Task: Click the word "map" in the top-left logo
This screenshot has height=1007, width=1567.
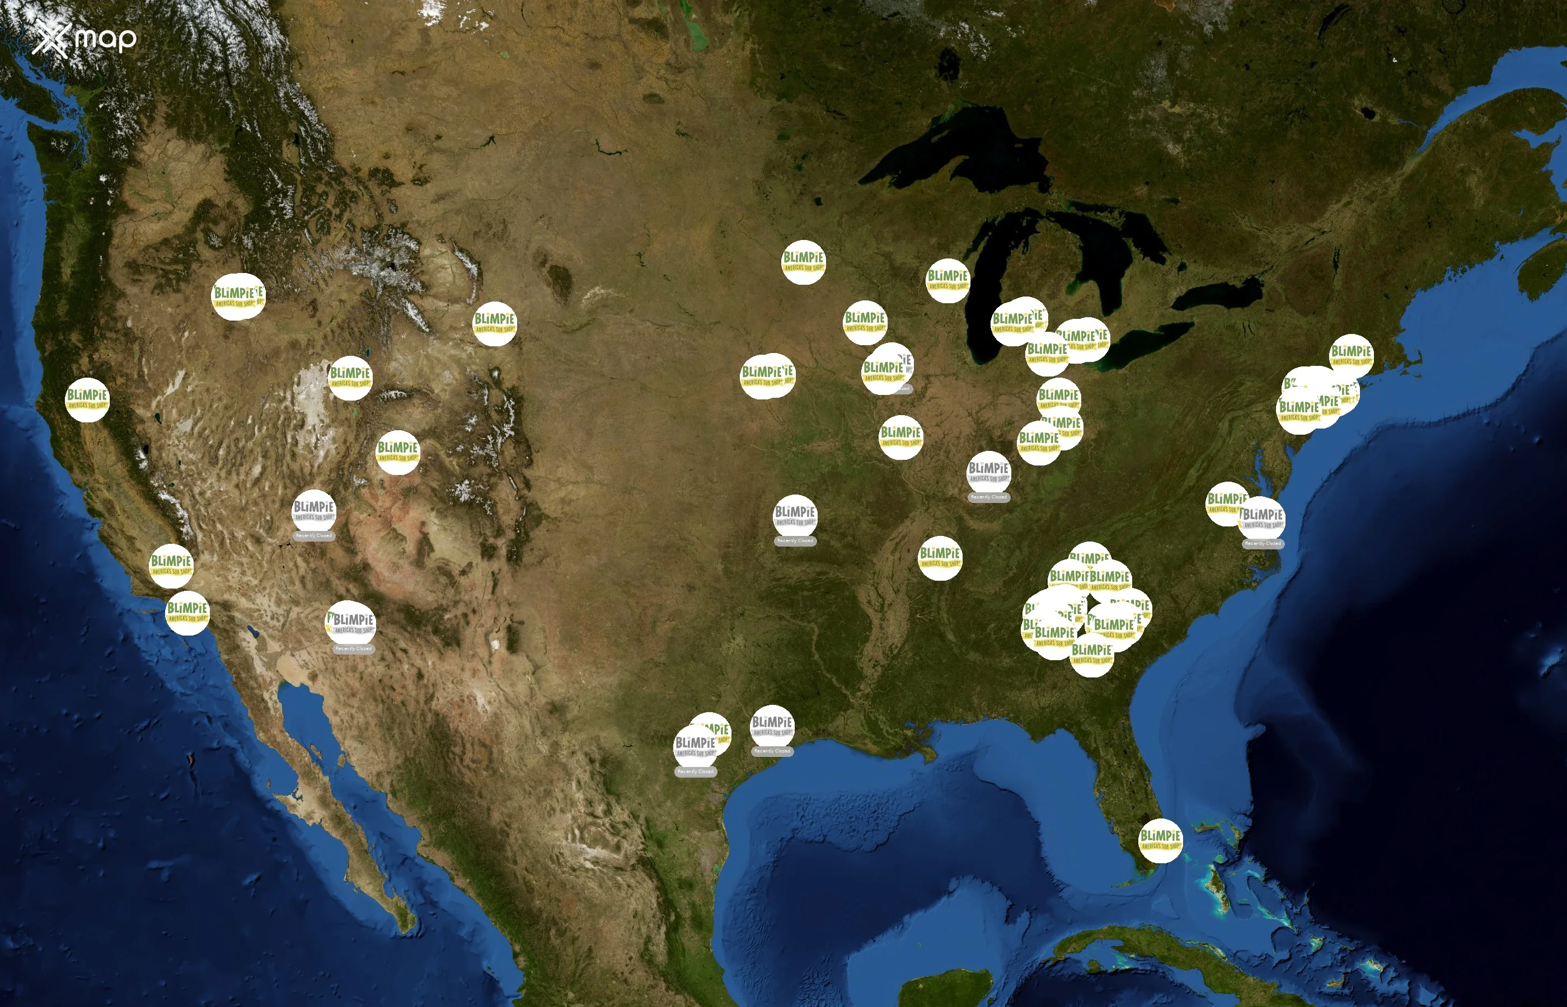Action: (105, 39)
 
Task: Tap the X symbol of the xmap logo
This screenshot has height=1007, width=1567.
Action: (51, 39)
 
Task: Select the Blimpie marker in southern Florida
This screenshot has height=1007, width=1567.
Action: (1160, 840)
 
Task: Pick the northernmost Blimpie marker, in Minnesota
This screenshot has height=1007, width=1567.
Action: (803, 262)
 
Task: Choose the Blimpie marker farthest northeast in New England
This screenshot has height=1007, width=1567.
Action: (1351, 356)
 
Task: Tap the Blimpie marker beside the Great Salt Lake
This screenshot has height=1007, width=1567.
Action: (350, 378)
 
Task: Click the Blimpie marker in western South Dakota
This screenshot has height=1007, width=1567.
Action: (494, 324)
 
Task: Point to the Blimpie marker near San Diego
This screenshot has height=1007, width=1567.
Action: (187, 613)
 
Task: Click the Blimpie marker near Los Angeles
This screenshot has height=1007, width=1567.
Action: (171, 566)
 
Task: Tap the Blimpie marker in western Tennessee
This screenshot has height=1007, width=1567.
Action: (940, 558)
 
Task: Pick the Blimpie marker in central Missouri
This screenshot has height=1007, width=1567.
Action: (900, 437)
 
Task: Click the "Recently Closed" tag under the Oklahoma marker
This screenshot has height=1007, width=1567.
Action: (795, 541)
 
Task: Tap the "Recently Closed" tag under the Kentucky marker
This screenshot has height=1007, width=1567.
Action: (988, 497)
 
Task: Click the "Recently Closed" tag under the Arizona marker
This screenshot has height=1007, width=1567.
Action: (353, 648)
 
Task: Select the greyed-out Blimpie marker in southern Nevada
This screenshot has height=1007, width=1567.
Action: (313, 511)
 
